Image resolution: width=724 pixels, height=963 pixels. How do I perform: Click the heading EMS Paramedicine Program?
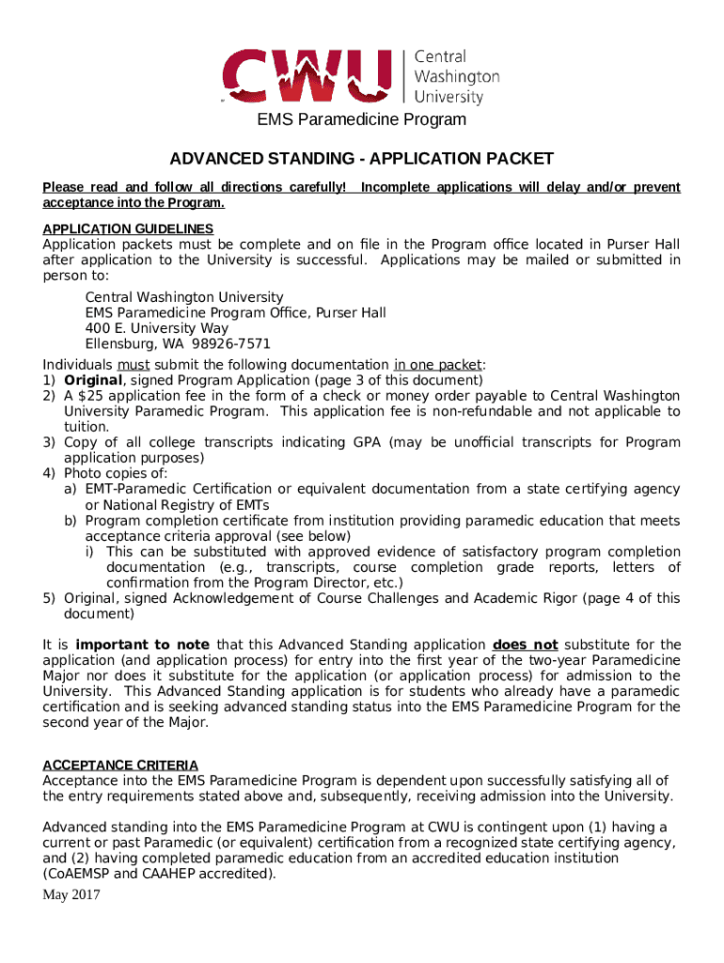click(362, 119)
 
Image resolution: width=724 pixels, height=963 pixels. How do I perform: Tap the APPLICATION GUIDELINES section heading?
click(128, 229)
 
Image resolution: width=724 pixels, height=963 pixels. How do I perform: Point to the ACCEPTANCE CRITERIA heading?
click(120, 766)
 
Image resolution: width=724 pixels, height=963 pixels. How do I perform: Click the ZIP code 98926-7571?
click(231, 344)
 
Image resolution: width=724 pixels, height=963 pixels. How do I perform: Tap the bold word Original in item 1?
click(92, 380)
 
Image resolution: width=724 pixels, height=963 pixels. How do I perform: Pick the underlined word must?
click(133, 365)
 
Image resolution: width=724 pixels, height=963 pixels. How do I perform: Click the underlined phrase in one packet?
click(437, 365)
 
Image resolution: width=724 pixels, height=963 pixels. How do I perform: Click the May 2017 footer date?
click(71, 893)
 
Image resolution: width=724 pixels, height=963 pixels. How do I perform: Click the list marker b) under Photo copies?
click(71, 520)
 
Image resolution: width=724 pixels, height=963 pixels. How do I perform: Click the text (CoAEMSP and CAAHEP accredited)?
click(160, 874)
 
